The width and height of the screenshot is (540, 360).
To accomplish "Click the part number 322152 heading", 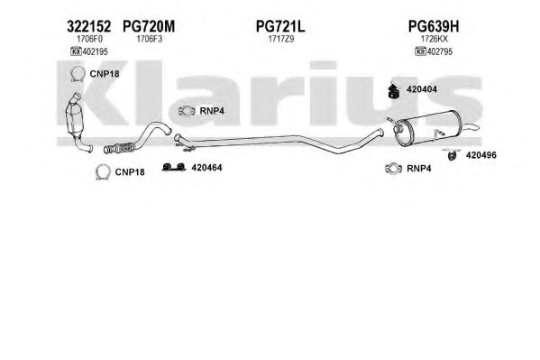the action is tap(89, 26).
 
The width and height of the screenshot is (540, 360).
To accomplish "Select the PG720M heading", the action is tap(149, 26).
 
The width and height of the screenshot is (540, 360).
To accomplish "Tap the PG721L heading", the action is tap(280, 26).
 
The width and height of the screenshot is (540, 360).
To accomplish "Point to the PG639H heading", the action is tap(434, 26).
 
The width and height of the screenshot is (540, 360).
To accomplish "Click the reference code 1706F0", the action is tap(89, 39).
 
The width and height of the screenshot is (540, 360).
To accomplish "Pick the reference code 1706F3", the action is tap(149, 39).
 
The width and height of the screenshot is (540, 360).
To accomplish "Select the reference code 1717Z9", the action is tap(281, 39).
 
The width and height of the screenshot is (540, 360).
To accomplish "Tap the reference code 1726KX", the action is tap(435, 39).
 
